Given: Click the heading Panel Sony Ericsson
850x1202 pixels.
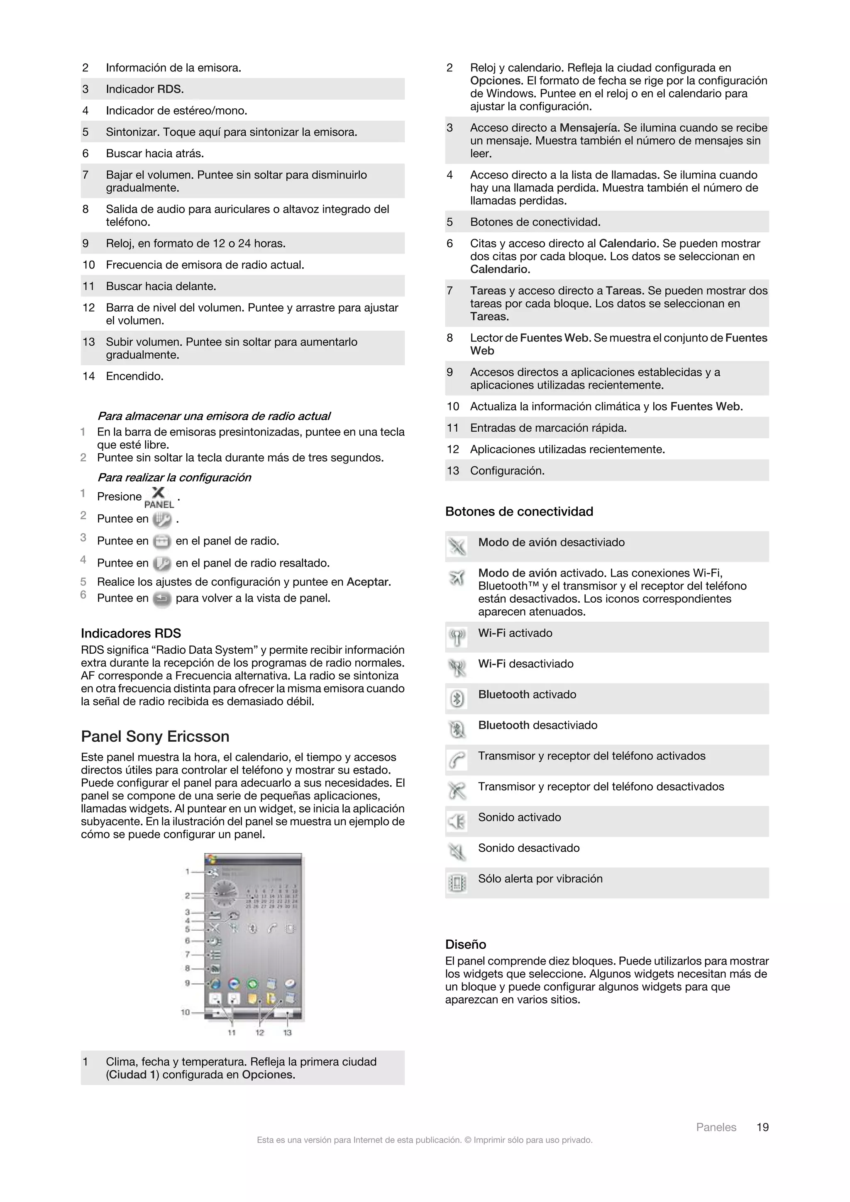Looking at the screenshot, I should (155, 737).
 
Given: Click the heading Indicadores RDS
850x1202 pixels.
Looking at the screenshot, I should (131, 633).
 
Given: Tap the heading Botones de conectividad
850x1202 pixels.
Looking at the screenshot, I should (519, 511).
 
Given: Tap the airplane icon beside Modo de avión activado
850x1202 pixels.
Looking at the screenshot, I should (457, 578).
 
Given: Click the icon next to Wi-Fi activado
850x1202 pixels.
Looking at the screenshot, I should (457, 638).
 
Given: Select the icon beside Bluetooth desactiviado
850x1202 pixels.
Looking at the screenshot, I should (457, 729).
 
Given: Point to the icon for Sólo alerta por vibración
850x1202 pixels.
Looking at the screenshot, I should (457, 883).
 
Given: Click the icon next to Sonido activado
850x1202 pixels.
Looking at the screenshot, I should (457, 821).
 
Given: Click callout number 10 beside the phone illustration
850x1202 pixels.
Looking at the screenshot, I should (185, 1012).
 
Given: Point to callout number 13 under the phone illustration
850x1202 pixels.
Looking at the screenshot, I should (287, 1032).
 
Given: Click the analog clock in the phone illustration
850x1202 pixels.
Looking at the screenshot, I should (224, 894).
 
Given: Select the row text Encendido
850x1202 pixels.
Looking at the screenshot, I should (134, 376).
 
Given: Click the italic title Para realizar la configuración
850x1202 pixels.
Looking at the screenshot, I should (174, 477).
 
